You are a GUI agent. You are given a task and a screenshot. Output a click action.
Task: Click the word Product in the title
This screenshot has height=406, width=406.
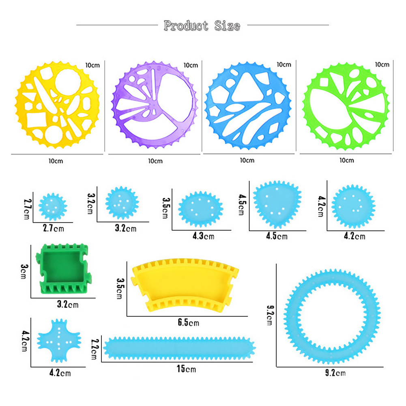(x=186, y=26)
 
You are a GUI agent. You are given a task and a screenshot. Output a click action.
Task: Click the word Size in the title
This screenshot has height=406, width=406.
(x=227, y=26)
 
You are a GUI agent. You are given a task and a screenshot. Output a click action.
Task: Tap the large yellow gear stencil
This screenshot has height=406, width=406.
(x=57, y=105)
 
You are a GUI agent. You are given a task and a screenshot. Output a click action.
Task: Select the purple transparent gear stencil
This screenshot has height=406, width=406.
(x=154, y=105)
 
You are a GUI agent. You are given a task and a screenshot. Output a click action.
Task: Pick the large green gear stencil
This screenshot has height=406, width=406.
(x=346, y=106)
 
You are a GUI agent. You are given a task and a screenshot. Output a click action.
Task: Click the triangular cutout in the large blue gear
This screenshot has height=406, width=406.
(x=247, y=88)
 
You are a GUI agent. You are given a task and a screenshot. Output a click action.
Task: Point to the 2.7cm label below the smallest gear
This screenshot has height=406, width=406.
(x=54, y=228)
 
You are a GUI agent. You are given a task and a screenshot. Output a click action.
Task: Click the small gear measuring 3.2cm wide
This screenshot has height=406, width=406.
(x=122, y=203)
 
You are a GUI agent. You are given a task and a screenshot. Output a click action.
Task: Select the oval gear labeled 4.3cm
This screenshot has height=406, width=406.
(x=201, y=209)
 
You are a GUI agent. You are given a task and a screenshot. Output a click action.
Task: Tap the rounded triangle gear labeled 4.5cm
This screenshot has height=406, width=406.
(x=277, y=204)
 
